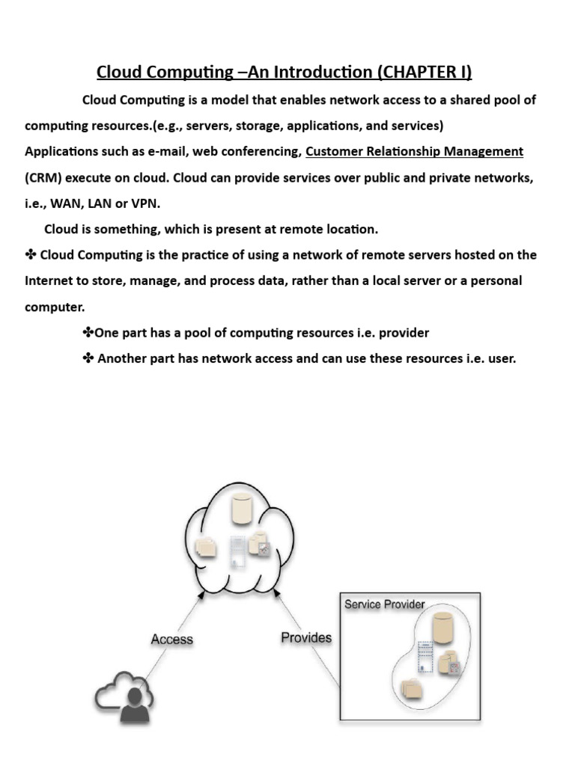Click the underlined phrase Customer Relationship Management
pos(414,151)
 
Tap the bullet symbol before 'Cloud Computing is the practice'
pos(31,254)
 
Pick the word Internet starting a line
pos(49,281)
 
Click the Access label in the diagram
pos(171,639)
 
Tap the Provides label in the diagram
pos(305,637)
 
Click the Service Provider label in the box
pos(384,604)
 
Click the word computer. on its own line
pos(54,306)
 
